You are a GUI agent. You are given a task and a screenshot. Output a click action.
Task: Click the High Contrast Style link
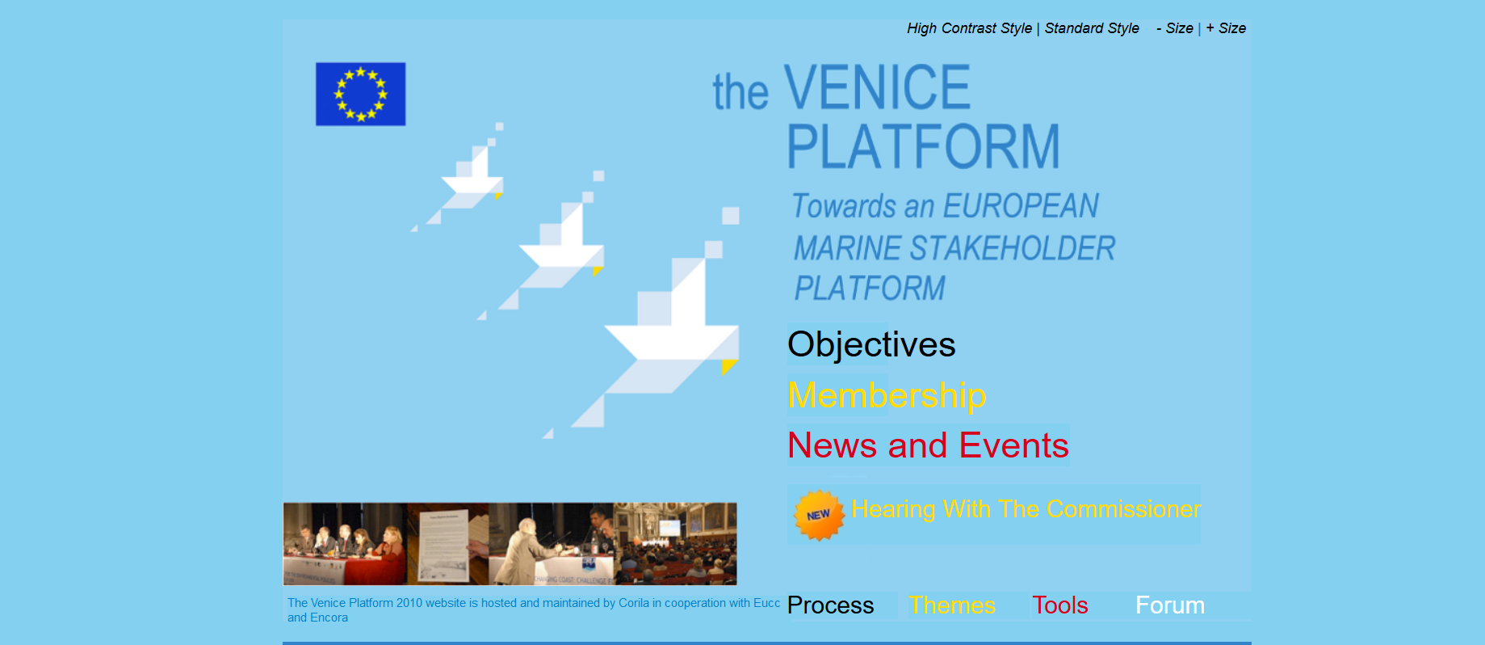coord(969,28)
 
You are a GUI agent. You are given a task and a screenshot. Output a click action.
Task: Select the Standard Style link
coord(1092,28)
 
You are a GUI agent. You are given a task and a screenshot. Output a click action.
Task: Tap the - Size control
coord(1175,28)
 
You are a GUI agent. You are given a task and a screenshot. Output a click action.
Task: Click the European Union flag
coord(360,94)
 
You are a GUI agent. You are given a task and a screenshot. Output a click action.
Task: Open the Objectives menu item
coord(871,344)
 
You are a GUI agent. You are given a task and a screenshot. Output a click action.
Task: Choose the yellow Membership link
coord(887,395)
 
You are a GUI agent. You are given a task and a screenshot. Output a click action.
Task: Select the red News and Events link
coord(928,445)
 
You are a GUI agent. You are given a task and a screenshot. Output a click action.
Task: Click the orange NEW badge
coord(818,515)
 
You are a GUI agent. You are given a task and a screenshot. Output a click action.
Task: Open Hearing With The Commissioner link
coord(1026,509)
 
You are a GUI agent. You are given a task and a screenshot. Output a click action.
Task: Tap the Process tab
coord(830,605)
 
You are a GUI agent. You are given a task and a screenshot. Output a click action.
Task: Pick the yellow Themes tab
coord(951,605)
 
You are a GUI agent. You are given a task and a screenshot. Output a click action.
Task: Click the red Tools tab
coord(1059,605)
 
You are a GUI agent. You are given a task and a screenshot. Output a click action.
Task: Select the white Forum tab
coord(1169,605)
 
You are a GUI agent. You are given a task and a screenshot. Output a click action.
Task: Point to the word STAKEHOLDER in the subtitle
coord(1012,248)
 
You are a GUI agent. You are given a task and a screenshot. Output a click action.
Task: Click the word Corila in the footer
coord(634,603)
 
